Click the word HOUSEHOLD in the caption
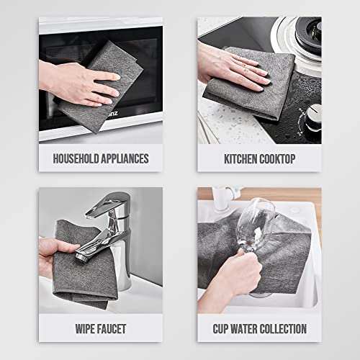(x=71, y=158)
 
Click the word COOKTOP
(x=285, y=158)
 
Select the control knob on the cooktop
(x=312, y=115)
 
